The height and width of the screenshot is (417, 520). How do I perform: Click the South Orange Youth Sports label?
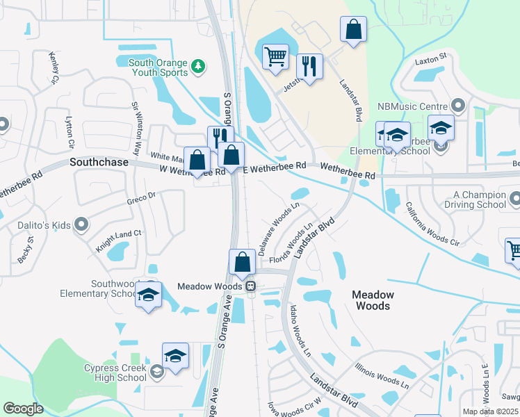pos(159,67)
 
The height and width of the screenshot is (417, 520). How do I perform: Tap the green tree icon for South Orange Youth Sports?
pos(200,66)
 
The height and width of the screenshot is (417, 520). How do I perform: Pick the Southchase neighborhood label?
pos(99,162)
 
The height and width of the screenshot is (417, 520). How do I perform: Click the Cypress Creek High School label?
pos(115,373)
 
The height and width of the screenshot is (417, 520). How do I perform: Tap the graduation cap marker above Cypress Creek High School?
pos(176,355)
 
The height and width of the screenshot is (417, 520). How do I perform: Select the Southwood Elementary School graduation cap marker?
pos(148,295)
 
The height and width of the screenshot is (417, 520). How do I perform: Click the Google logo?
pos(23,409)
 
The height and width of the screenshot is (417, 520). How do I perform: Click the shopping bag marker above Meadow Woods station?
pos(243,262)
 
